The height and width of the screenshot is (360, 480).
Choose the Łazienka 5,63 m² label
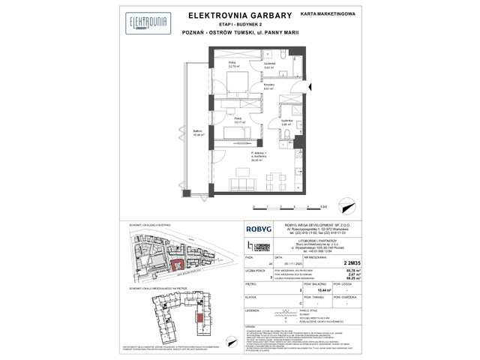[270, 65]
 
